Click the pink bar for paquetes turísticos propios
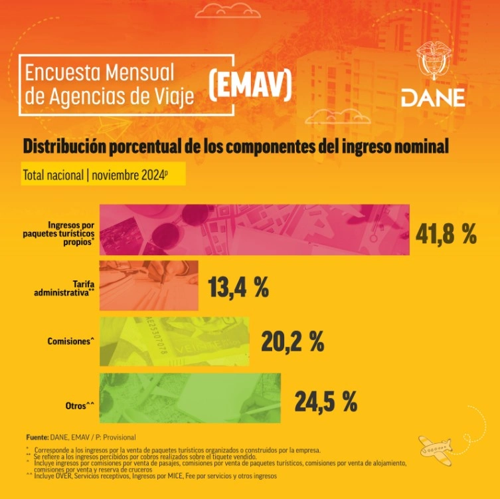click(x=254, y=230)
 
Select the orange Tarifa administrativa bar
click(x=149, y=286)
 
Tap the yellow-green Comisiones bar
click(x=174, y=342)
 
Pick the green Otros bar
click(x=190, y=398)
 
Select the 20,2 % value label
click(x=292, y=342)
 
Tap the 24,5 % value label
click(x=325, y=401)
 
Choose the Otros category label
click(x=80, y=405)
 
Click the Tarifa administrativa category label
click(x=65, y=287)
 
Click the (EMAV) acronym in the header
click(x=250, y=85)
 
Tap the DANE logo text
click(x=433, y=98)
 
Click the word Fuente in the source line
click(x=37, y=437)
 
